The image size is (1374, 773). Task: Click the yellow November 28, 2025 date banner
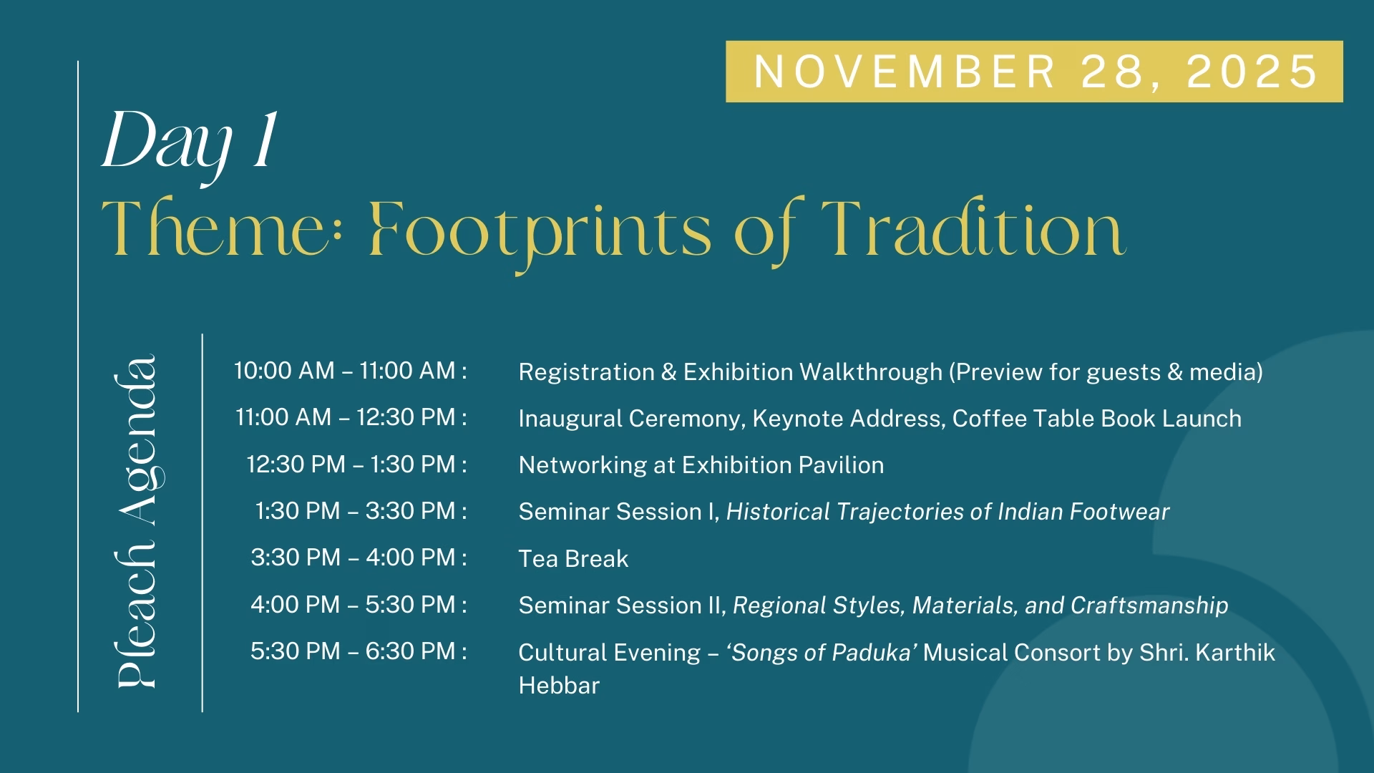click(x=1034, y=72)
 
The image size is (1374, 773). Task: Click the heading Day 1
click(x=190, y=144)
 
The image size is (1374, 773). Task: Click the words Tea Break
click(x=573, y=559)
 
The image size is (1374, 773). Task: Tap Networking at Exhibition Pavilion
click(x=701, y=465)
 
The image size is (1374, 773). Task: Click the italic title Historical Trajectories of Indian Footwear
click(x=947, y=512)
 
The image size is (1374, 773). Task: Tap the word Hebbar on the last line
click(x=559, y=686)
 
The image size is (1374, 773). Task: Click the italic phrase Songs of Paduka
click(x=822, y=653)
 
